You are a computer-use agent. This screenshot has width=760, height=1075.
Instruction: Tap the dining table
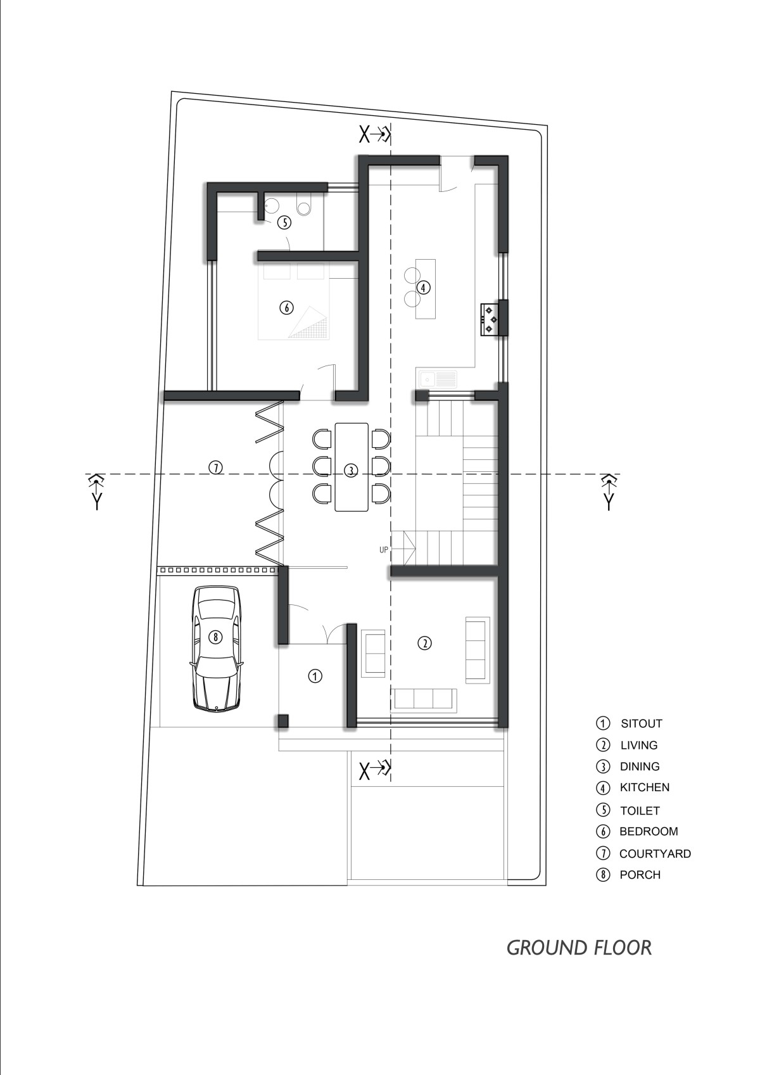[351, 466]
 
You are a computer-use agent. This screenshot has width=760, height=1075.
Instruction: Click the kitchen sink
[438, 379]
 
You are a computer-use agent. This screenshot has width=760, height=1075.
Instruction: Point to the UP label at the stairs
[383, 550]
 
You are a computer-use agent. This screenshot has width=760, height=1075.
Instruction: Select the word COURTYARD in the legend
[655, 854]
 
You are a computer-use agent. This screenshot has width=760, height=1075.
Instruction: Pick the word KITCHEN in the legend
[644, 787]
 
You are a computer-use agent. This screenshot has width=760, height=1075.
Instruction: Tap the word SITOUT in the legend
[642, 723]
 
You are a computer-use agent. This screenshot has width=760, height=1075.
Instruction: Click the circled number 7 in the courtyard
[216, 467]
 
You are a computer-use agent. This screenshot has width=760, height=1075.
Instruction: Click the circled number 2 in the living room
[424, 643]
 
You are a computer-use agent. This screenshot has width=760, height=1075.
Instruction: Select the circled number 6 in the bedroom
[286, 307]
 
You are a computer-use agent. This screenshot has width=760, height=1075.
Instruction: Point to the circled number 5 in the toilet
[284, 223]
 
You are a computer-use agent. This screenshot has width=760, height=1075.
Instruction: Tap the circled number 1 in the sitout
[315, 676]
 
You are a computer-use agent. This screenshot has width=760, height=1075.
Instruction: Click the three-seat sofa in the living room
[424, 698]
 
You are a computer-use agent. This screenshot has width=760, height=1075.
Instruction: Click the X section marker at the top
[375, 136]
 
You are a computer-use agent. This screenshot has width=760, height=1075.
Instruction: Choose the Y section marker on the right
[609, 492]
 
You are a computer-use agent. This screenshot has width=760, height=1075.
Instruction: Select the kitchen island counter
[426, 288]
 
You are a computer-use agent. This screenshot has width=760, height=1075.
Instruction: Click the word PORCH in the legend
[640, 874]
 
